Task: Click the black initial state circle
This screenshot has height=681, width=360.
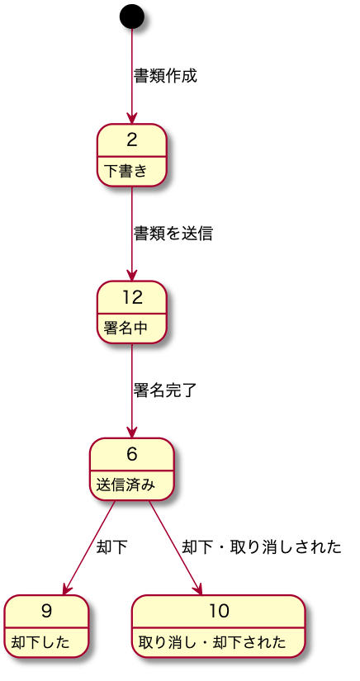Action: (x=131, y=16)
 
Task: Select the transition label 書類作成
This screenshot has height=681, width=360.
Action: (x=166, y=76)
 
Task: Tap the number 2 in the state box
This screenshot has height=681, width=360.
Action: (x=131, y=139)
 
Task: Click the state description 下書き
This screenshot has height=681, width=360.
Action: (x=125, y=171)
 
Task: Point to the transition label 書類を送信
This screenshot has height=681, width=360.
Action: (x=173, y=234)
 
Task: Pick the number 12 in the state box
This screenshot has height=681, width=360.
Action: (x=131, y=296)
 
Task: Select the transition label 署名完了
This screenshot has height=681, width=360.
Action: (x=165, y=390)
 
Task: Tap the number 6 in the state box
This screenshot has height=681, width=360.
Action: (x=131, y=453)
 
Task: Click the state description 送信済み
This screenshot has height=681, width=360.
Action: (x=126, y=485)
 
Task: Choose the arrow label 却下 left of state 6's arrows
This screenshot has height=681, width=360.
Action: (x=112, y=547)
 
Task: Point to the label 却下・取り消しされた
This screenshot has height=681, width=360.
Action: (x=261, y=547)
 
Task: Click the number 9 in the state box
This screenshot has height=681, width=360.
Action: (x=46, y=611)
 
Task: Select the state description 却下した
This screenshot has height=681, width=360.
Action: (x=40, y=642)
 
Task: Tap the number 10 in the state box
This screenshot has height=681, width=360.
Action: (x=219, y=611)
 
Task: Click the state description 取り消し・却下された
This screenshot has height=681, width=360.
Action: (x=212, y=642)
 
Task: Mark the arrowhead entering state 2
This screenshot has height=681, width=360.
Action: (x=131, y=118)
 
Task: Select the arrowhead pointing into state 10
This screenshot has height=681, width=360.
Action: (x=198, y=588)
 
